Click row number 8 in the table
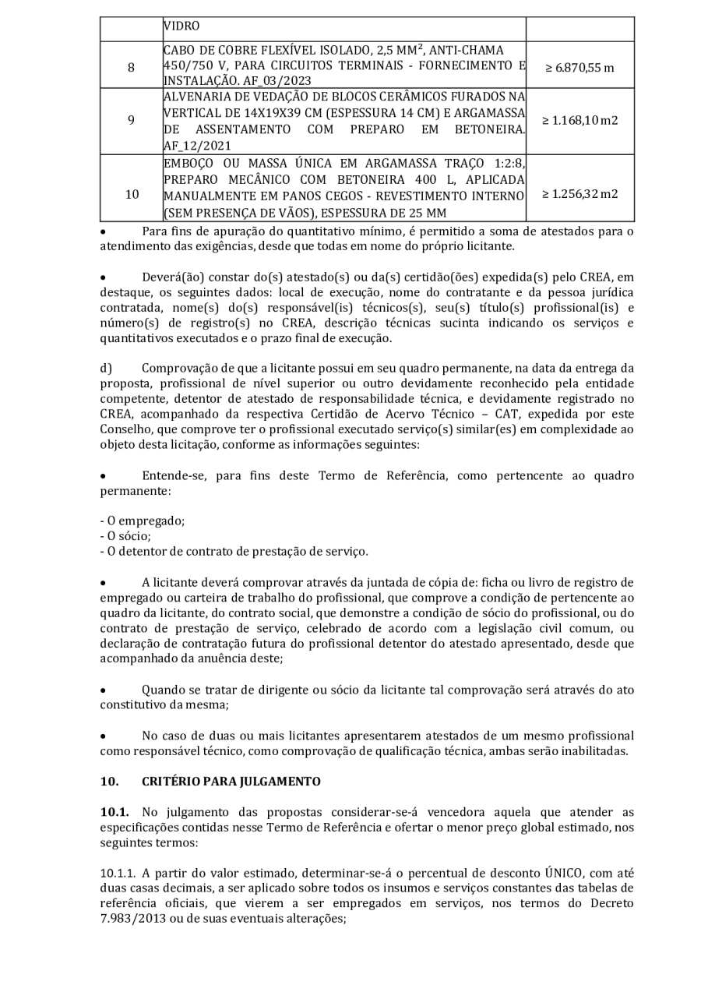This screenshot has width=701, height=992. pos(131,67)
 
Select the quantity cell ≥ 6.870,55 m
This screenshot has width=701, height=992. pos(579,67)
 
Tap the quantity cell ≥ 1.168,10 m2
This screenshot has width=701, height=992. pos(579,121)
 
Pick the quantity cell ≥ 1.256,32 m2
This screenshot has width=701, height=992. pos(579,193)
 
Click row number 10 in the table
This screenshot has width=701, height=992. pos(131,193)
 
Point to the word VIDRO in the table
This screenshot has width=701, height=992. pos(181,26)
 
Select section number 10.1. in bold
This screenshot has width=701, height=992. pos(114,812)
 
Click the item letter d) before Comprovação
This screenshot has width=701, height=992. pos(106,367)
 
